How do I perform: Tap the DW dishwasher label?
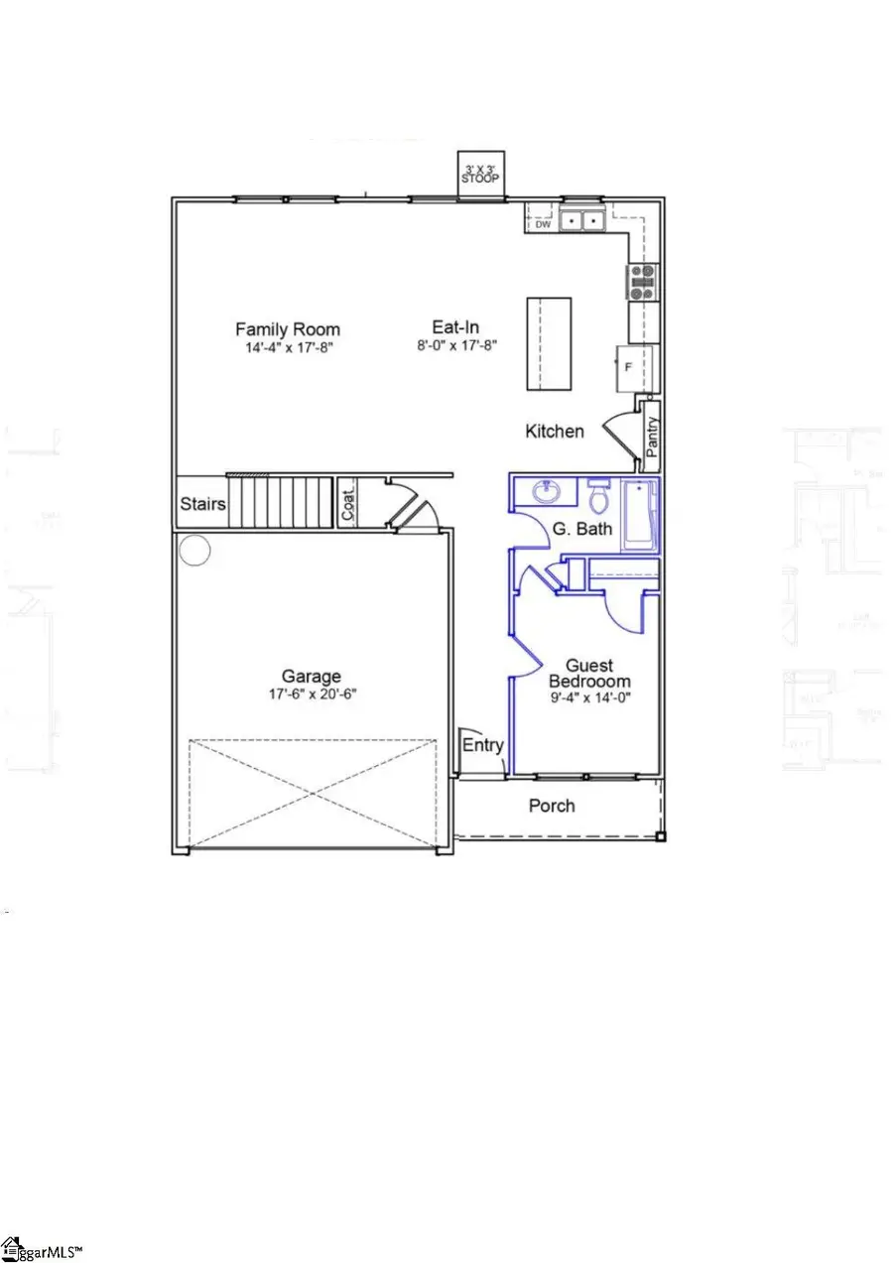[543, 224]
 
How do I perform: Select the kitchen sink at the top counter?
[582, 220]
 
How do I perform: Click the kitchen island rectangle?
[548, 343]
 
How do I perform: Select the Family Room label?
[288, 329]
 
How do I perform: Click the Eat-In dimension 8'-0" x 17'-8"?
[456, 346]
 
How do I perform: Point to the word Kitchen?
[555, 431]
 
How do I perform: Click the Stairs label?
[202, 504]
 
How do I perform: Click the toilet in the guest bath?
[597, 493]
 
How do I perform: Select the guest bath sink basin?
[544, 491]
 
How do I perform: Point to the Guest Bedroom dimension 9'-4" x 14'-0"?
[588, 699]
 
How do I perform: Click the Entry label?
[483, 746]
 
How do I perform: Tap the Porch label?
[552, 806]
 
